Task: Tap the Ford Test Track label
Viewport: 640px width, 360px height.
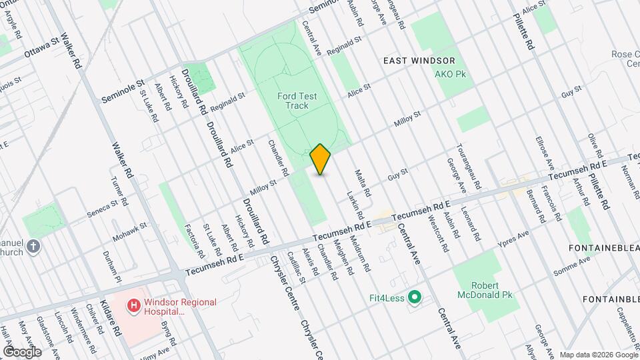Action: tap(297, 101)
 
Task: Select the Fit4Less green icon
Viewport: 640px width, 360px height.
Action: tap(414, 297)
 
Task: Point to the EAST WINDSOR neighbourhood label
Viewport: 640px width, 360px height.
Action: tap(419, 61)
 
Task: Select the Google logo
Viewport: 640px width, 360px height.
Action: tap(22, 352)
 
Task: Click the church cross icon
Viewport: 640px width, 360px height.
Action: tap(34, 247)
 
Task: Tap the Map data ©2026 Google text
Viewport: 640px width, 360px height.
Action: tap(597, 355)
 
